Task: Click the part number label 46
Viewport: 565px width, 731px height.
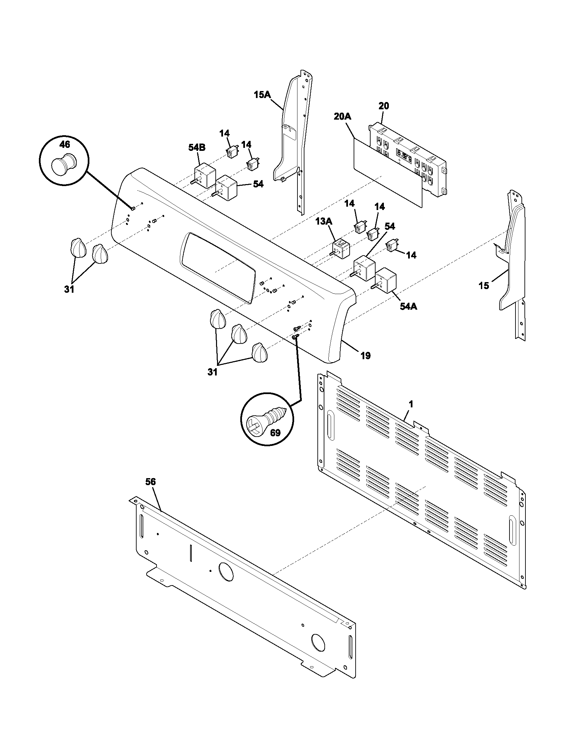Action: click(x=64, y=145)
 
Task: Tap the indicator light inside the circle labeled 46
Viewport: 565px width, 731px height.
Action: click(x=63, y=164)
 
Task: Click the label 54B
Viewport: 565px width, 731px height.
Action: click(x=197, y=148)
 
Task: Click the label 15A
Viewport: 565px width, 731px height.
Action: click(x=262, y=95)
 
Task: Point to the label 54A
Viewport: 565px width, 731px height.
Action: click(x=408, y=306)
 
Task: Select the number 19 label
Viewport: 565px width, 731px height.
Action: click(x=366, y=356)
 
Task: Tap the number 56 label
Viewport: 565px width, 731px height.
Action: click(x=151, y=482)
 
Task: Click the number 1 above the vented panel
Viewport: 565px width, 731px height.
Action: click(x=411, y=404)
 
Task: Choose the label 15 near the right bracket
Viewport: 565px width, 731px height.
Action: click(x=484, y=285)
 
